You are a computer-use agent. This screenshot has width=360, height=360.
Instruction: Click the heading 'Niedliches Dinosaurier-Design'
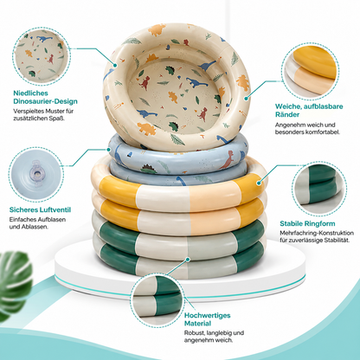(45, 97)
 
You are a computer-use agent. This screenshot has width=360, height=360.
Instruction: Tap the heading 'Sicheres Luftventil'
(40, 209)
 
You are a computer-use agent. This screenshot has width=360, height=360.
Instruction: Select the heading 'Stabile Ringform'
(307, 223)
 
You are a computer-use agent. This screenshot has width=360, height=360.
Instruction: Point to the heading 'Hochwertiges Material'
(208, 319)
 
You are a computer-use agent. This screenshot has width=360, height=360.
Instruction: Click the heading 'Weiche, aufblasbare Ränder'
(309, 110)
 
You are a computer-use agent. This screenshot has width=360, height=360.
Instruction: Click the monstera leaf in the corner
(15, 284)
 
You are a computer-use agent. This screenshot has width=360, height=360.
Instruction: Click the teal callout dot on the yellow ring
(259, 183)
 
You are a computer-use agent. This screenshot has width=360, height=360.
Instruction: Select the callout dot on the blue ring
(109, 150)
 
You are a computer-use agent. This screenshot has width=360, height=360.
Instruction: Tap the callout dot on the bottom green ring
(188, 260)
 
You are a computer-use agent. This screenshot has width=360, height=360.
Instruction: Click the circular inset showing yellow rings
(310, 72)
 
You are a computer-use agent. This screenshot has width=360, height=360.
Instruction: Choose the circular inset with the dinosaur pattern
(42, 56)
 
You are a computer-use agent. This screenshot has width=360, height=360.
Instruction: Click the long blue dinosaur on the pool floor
(196, 83)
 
